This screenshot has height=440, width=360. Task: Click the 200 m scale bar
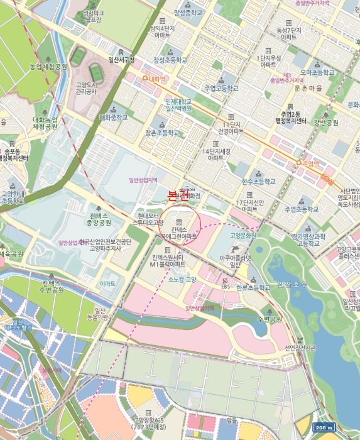[324, 427]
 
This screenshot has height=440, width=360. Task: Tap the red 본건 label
[178, 195]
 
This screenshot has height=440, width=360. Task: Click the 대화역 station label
[156, 79]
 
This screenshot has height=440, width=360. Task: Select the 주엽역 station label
[308, 163]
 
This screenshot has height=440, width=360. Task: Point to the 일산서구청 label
[121, 60]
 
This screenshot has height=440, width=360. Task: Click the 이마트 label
[107, 284]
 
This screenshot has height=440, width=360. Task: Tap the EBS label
[226, 287]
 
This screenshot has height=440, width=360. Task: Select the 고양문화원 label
[242, 235]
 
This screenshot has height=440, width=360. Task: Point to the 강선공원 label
[326, 123]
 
